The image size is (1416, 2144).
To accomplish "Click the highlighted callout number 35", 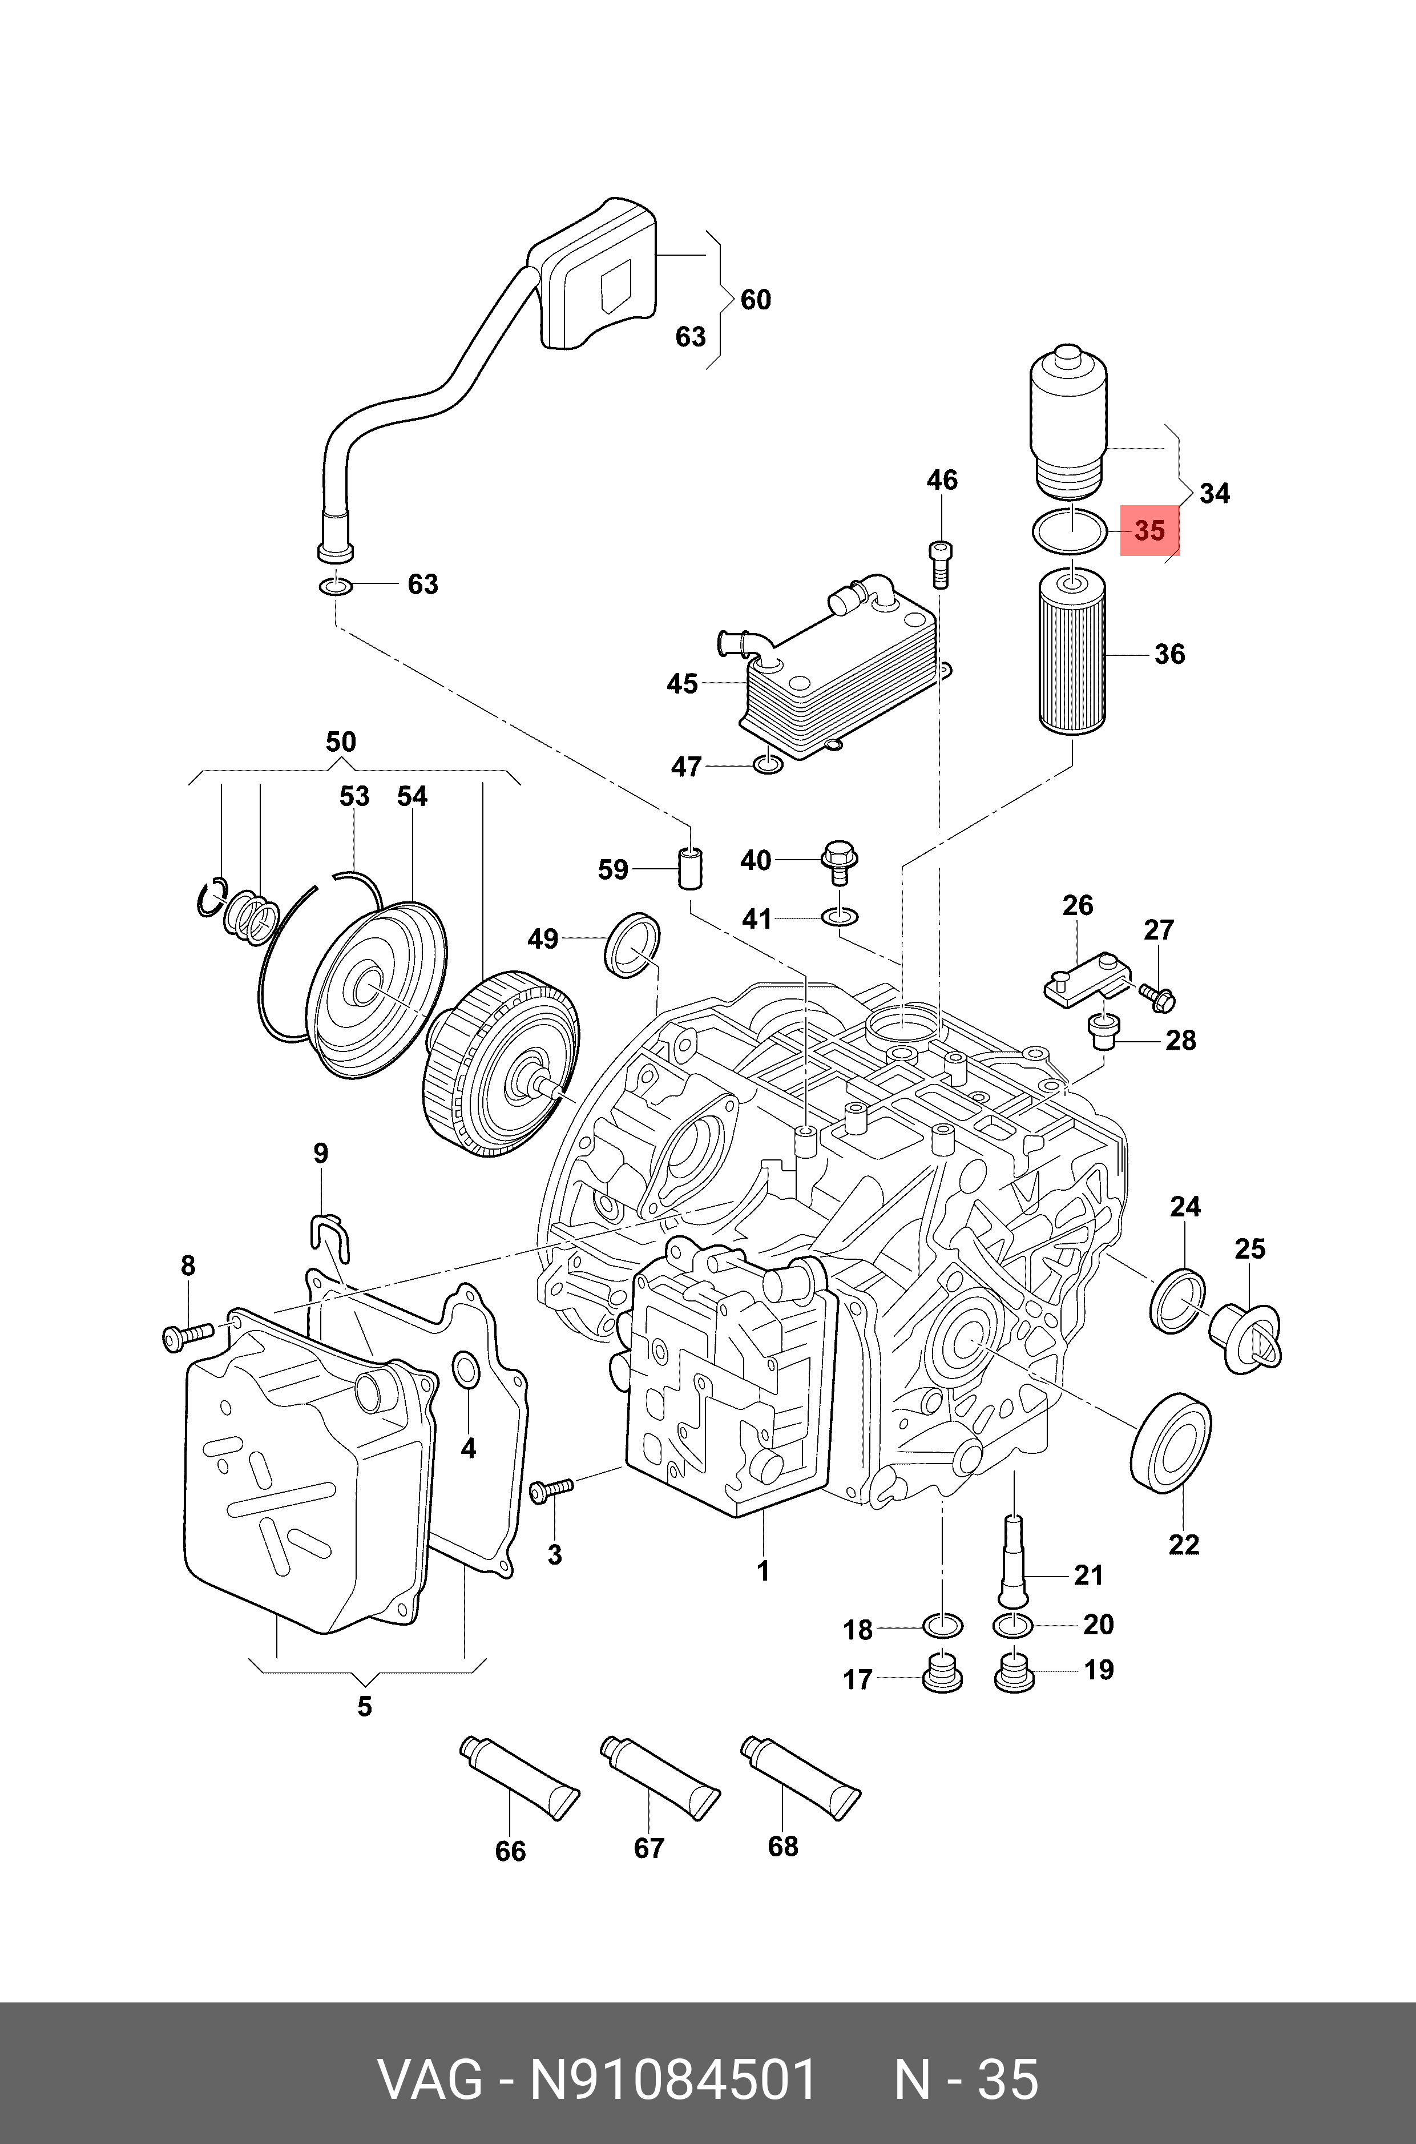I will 1149,531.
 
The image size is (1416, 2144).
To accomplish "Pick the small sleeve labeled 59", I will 691,869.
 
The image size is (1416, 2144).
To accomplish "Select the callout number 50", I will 341,743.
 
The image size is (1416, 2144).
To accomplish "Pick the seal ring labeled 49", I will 632,945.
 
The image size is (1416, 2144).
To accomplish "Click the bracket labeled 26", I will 1084,985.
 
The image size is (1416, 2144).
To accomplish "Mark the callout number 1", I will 763,1571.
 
